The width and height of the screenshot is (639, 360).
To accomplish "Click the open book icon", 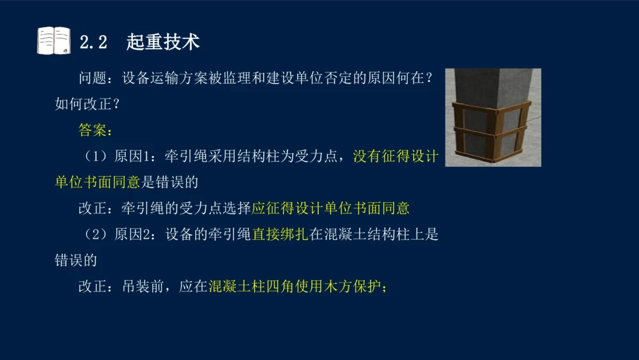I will pos(54,41).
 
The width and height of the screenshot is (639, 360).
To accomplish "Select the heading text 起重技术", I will pos(163,42).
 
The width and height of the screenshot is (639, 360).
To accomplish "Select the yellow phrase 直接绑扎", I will pos(280,235).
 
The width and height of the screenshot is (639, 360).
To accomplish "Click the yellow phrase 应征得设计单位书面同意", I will pos(330,208).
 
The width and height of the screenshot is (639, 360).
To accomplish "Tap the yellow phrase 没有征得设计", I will pos(395,157).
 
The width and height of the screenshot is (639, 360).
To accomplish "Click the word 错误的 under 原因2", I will pos(75,260).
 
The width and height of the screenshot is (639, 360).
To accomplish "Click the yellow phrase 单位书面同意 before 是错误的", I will pos(97,182).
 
